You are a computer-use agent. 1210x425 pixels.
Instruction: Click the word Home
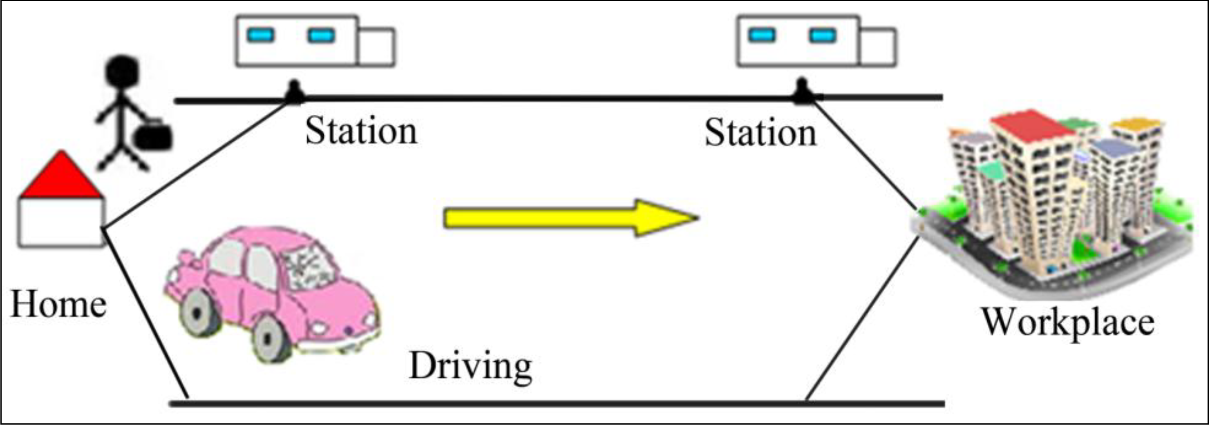(58, 305)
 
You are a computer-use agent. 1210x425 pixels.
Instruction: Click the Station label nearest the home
(361, 131)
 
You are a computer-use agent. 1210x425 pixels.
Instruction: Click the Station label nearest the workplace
(760, 133)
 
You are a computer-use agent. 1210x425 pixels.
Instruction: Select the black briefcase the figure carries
(153, 137)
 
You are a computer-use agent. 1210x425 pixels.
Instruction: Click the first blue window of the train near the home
(260, 35)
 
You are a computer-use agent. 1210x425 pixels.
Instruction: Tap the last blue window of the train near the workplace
(822, 35)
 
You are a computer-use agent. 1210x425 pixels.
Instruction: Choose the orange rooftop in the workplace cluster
(1137, 124)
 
